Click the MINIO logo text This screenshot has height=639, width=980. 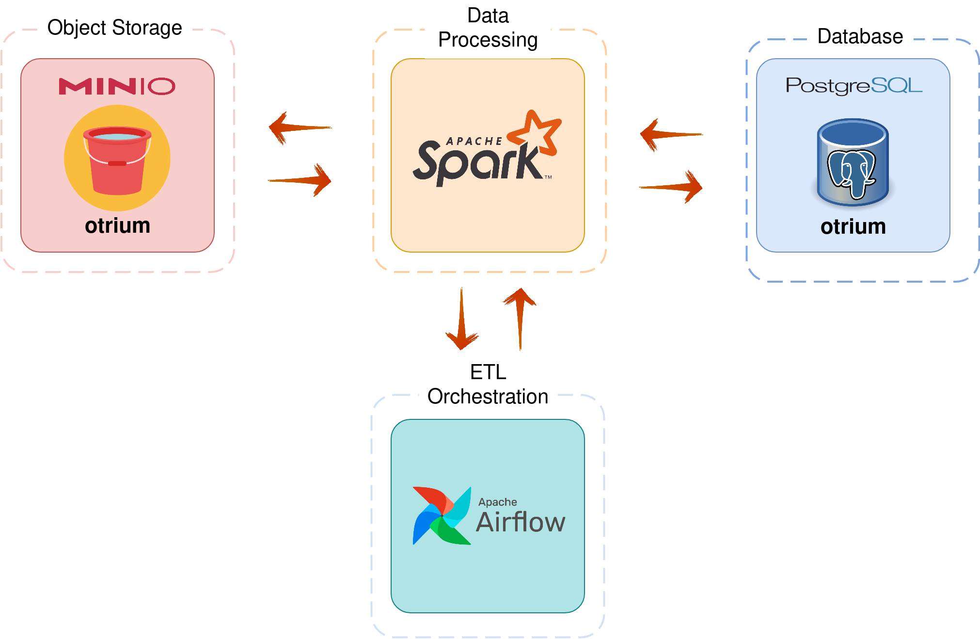point(117,86)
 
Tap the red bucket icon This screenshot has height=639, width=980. point(117,160)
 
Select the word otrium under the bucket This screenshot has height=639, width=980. point(117,226)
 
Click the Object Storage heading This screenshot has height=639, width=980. point(115,28)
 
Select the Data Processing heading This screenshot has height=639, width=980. point(488,28)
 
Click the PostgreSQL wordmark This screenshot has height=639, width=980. point(854,85)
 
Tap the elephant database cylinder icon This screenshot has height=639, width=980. point(853,162)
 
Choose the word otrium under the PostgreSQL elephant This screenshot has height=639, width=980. point(853,227)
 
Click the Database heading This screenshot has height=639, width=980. point(860,36)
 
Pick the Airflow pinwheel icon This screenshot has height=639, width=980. point(442,516)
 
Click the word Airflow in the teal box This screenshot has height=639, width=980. point(521,522)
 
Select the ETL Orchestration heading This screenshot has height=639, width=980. point(488,384)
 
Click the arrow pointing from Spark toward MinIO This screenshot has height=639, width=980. point(300,128)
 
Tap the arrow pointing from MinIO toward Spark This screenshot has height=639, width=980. point(300,180)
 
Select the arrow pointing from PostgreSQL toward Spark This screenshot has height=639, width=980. point(672,135)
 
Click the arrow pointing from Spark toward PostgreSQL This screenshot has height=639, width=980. point(671,187)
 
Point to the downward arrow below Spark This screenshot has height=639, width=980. point(462,319)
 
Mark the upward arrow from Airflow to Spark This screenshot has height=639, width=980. point(520,319)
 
